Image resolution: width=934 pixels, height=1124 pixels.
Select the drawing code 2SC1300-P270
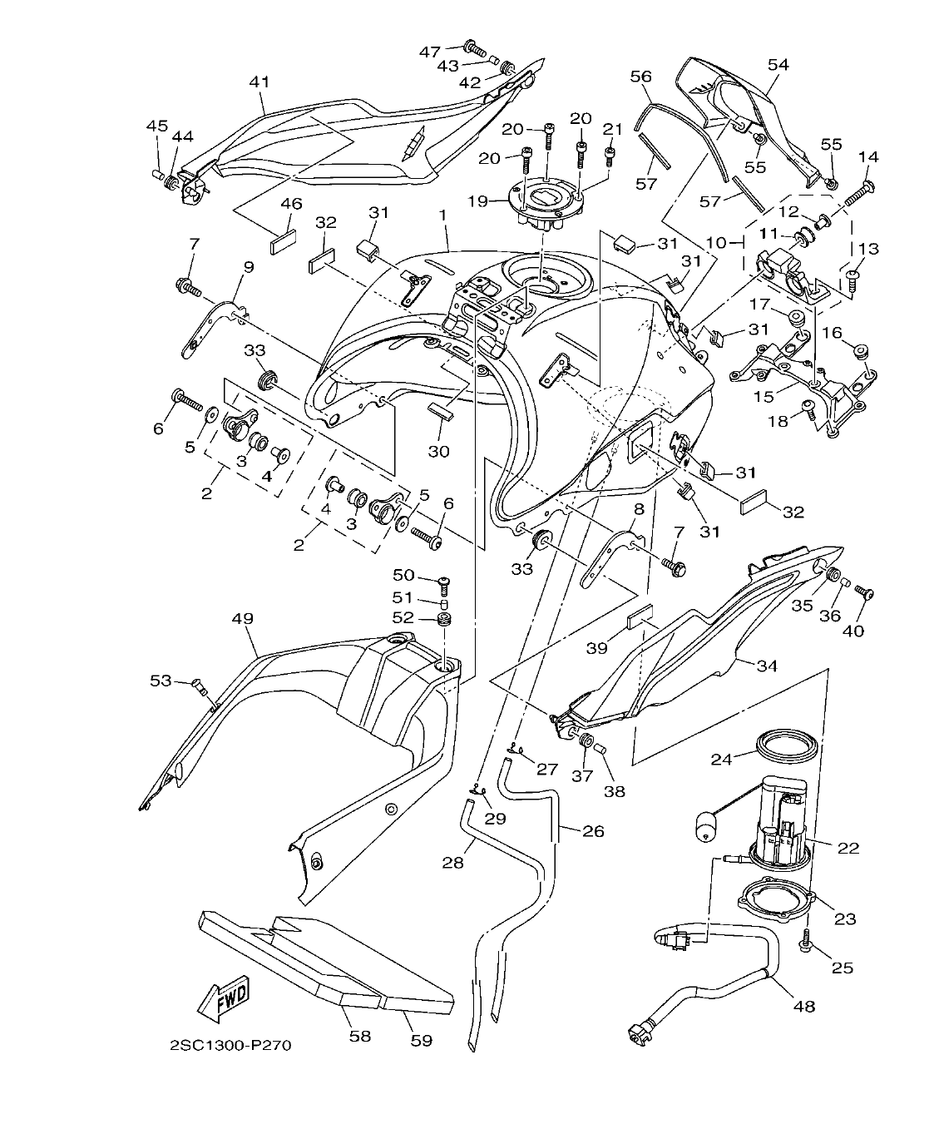point(230,1046)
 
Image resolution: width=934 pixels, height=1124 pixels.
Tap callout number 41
point(259,82)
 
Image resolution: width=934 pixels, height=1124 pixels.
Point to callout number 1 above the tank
point(443,215)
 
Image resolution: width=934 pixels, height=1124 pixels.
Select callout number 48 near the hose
point(804,1006)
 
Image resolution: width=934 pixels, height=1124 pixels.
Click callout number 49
point(243,619)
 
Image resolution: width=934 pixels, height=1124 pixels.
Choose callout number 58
point(360,1036)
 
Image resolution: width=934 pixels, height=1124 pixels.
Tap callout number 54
point(778,64)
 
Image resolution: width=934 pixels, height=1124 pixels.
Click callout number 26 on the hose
point(593,830)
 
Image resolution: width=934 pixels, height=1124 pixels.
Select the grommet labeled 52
point(447,621)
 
